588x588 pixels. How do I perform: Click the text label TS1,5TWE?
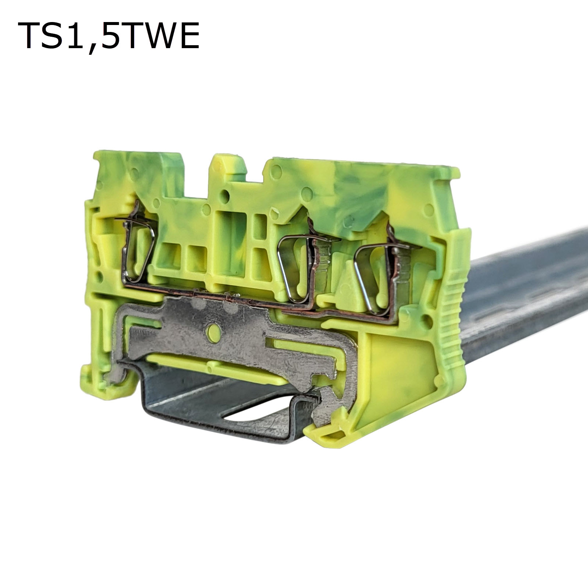coord(108,36)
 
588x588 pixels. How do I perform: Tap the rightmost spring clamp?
coord(382,272)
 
